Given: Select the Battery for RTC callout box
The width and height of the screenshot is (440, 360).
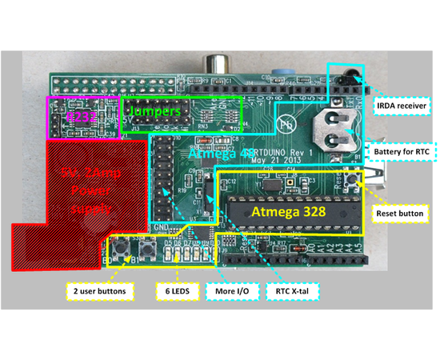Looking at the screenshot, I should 399,150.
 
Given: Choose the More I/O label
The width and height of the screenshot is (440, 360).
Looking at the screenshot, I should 231,292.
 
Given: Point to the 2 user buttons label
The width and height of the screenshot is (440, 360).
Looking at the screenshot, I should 95,292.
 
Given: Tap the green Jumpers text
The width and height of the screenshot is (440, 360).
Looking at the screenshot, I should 155,111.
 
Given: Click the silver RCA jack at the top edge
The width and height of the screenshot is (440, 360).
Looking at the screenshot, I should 217,63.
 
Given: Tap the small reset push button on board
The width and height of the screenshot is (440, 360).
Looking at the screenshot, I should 354,181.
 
